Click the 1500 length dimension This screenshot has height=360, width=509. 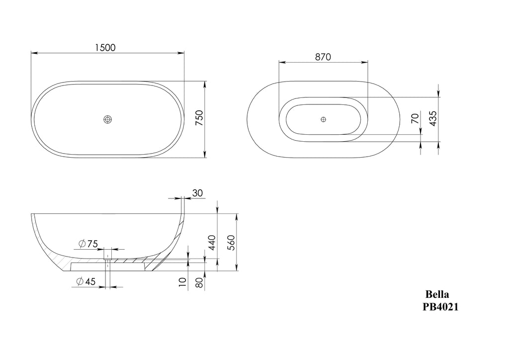pos(105,48)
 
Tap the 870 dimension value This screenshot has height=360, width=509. pos(323,57)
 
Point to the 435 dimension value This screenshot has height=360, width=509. pos(432,118)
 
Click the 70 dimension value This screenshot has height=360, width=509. pos(415,118)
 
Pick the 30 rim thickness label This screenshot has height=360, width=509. pos(197,193)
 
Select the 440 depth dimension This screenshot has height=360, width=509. pos(211,243)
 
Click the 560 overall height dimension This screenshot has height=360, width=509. pos(231,243)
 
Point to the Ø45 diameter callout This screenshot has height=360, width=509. pos(86,281)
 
